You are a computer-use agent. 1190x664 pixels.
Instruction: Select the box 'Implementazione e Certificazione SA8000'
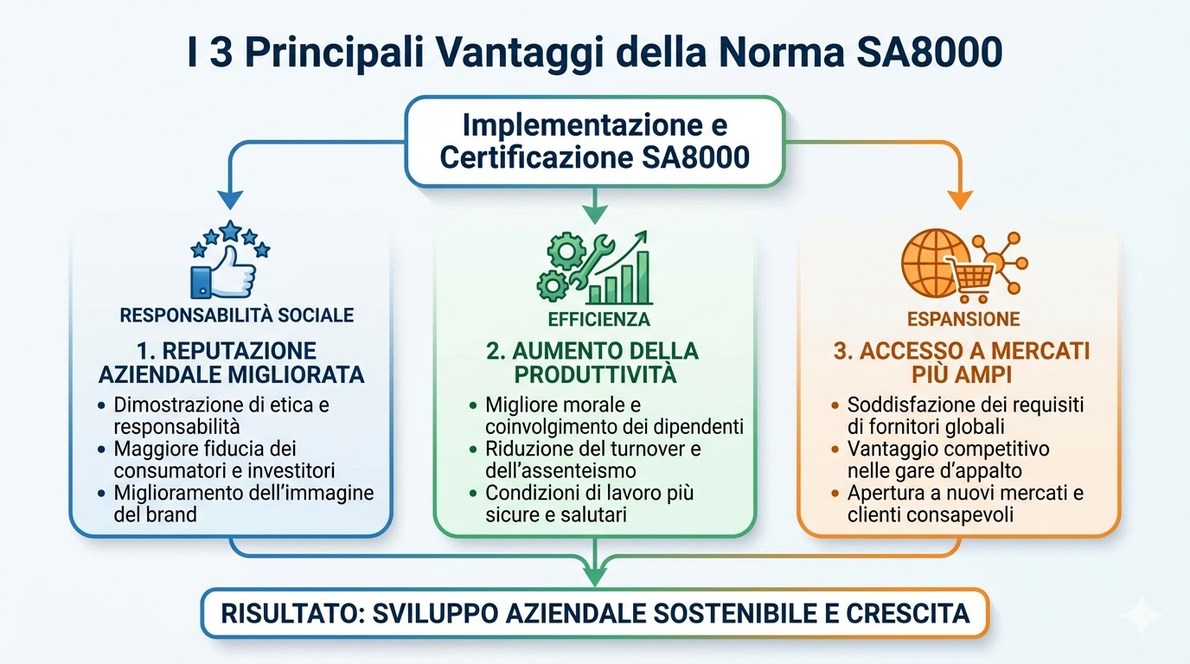pyautogui.click(x=595, y=141)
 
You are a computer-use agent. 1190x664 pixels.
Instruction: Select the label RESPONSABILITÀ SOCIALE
pyautogui.click(x=237, y=315)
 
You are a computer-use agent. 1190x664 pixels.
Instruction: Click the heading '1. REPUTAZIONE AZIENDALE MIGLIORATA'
pyautogui.click(x=232, y=363)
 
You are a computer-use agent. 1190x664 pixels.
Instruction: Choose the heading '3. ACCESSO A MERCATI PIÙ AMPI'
pyautogui.click(x=961, y=363)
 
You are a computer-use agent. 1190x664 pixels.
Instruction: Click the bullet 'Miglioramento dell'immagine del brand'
pyautogui.click(x=243, y=504)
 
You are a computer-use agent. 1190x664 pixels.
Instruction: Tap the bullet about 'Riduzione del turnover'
pyautogui.click(x=593, y=460)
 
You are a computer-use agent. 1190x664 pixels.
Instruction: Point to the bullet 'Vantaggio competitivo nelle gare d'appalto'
pyautogui.click(x=948, y=460)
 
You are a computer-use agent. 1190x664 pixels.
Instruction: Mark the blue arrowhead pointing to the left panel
pyautogui.click(x=229, y=199)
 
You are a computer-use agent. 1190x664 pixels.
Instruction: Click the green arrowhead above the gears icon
pyautogui.click(x=595, y=212)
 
